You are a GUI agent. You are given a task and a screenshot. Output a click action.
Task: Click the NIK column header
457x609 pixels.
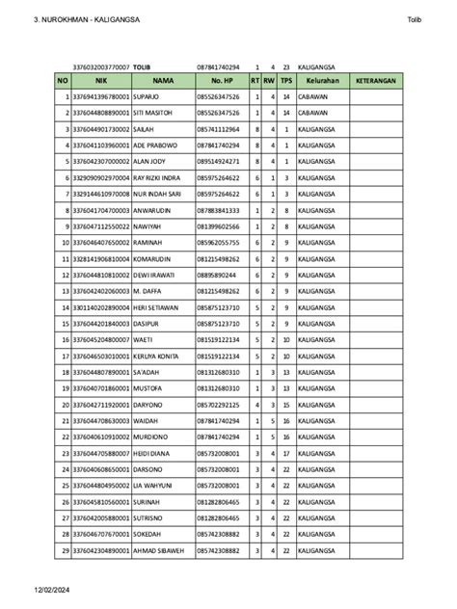[x=100, y=82]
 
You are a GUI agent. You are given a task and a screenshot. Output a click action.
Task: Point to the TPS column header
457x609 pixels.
[x=286, y=82]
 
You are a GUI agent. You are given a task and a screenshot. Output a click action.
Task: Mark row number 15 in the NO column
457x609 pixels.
[x=65, y=323]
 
